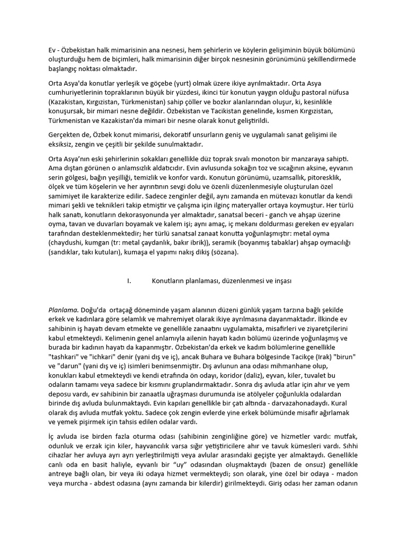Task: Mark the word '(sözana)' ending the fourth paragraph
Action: (226, 251)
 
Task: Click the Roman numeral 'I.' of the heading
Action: (129, 282)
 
